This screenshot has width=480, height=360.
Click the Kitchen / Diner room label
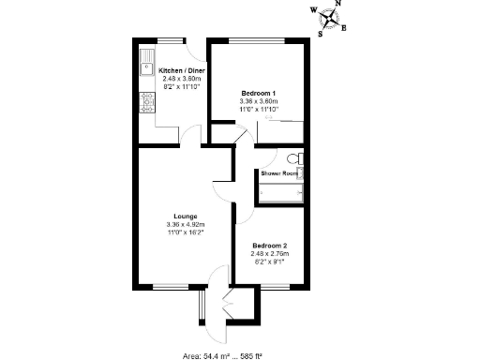[x=182, y=70]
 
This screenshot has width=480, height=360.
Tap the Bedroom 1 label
[x=258, y=94]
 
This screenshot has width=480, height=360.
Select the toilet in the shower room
[x=294, y=158]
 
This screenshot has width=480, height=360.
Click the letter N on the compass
[x=338, y=4]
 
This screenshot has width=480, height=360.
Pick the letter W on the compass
[x=314, y=11]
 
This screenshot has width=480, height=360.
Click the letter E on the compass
[x=344, y=27]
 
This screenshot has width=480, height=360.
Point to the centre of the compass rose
[x=329, y=19]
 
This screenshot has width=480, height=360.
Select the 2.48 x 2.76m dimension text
[x=269, y=254]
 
